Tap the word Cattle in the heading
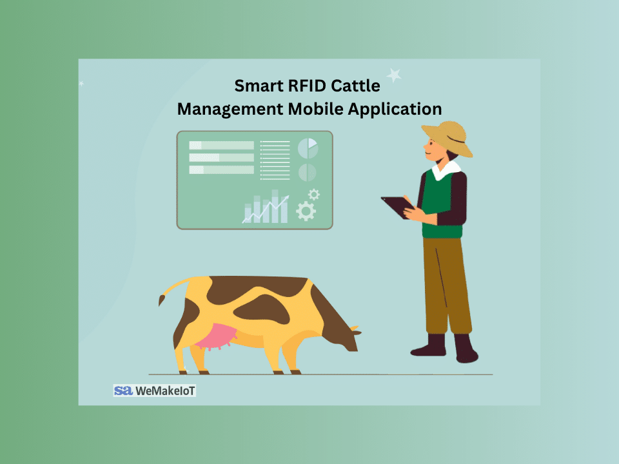pos(355,86)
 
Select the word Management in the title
pos(230,110)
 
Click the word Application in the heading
pos(395,110)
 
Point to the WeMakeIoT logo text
pos(165,391)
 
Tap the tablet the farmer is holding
pos(397,207)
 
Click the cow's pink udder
pos(216,336)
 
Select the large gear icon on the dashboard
pos(306,211)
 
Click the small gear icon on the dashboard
pos(314,194)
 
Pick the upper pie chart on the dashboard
pos(308,148)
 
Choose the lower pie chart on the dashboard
pos(307,173)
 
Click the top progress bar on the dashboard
pos(221,145)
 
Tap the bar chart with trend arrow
pos(266,207)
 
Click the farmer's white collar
pos(446,169)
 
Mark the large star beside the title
pos(393,75)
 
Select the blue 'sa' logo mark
pos(123,391)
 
